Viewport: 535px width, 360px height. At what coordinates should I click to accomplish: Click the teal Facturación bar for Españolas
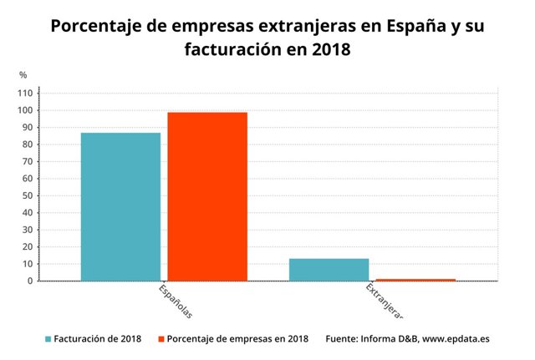click(x=120, y=206)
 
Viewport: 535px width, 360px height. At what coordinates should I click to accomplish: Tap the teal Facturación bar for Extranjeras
click(x=329, y=269)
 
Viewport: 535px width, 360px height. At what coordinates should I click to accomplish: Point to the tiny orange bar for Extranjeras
click(x=415, y=279)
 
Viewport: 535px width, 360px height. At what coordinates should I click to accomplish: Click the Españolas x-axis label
click(x=176, y=302)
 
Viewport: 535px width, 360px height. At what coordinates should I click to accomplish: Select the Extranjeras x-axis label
click(x=385, y=301)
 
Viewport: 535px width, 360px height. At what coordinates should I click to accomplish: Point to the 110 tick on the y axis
click(x=25, y=93)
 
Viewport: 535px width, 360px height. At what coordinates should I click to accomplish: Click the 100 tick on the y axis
click(x=25, y=110)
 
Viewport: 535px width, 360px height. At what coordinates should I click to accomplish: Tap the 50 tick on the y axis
click(x=28, y=195)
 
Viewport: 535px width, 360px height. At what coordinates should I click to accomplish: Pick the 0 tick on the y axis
click(x=30, y=281)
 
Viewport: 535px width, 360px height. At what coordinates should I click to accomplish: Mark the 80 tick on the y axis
click(x=28, y=145)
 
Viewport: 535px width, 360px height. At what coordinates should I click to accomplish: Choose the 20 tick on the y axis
click(x=28, y=246)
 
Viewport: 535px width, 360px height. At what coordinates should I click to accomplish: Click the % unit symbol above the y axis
click(x=23, y=75)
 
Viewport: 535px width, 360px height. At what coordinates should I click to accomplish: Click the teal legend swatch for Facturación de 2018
click(x=48, y=339)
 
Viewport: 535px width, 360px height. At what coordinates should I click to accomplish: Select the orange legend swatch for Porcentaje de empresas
click(x=160, y=339)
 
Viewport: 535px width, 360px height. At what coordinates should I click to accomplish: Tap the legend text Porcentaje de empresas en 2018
click(x=237, y=339)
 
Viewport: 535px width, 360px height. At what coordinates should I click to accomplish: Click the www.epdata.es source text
click(x=456, y=339)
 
